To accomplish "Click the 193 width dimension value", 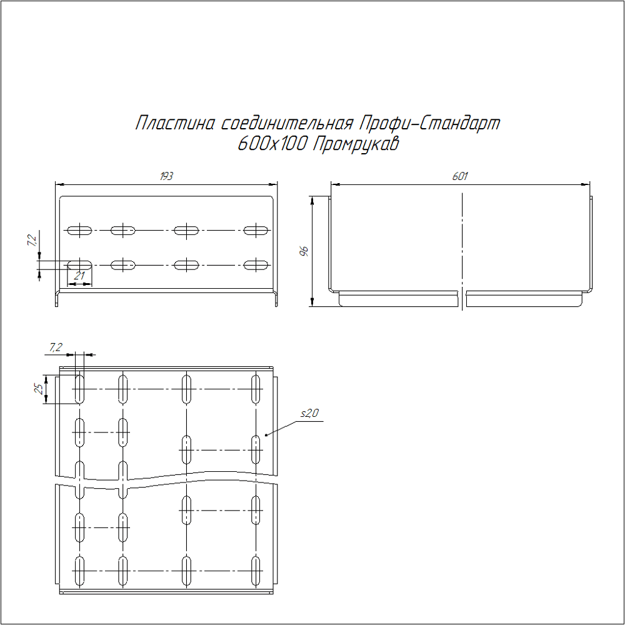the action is coord(166,176).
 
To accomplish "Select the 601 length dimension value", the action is coord(459,176).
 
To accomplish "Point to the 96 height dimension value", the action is coord(304,251).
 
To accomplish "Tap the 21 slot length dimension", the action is coord(80,276).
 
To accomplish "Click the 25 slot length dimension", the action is coord(39,389).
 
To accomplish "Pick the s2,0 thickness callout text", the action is coord(309,413).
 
